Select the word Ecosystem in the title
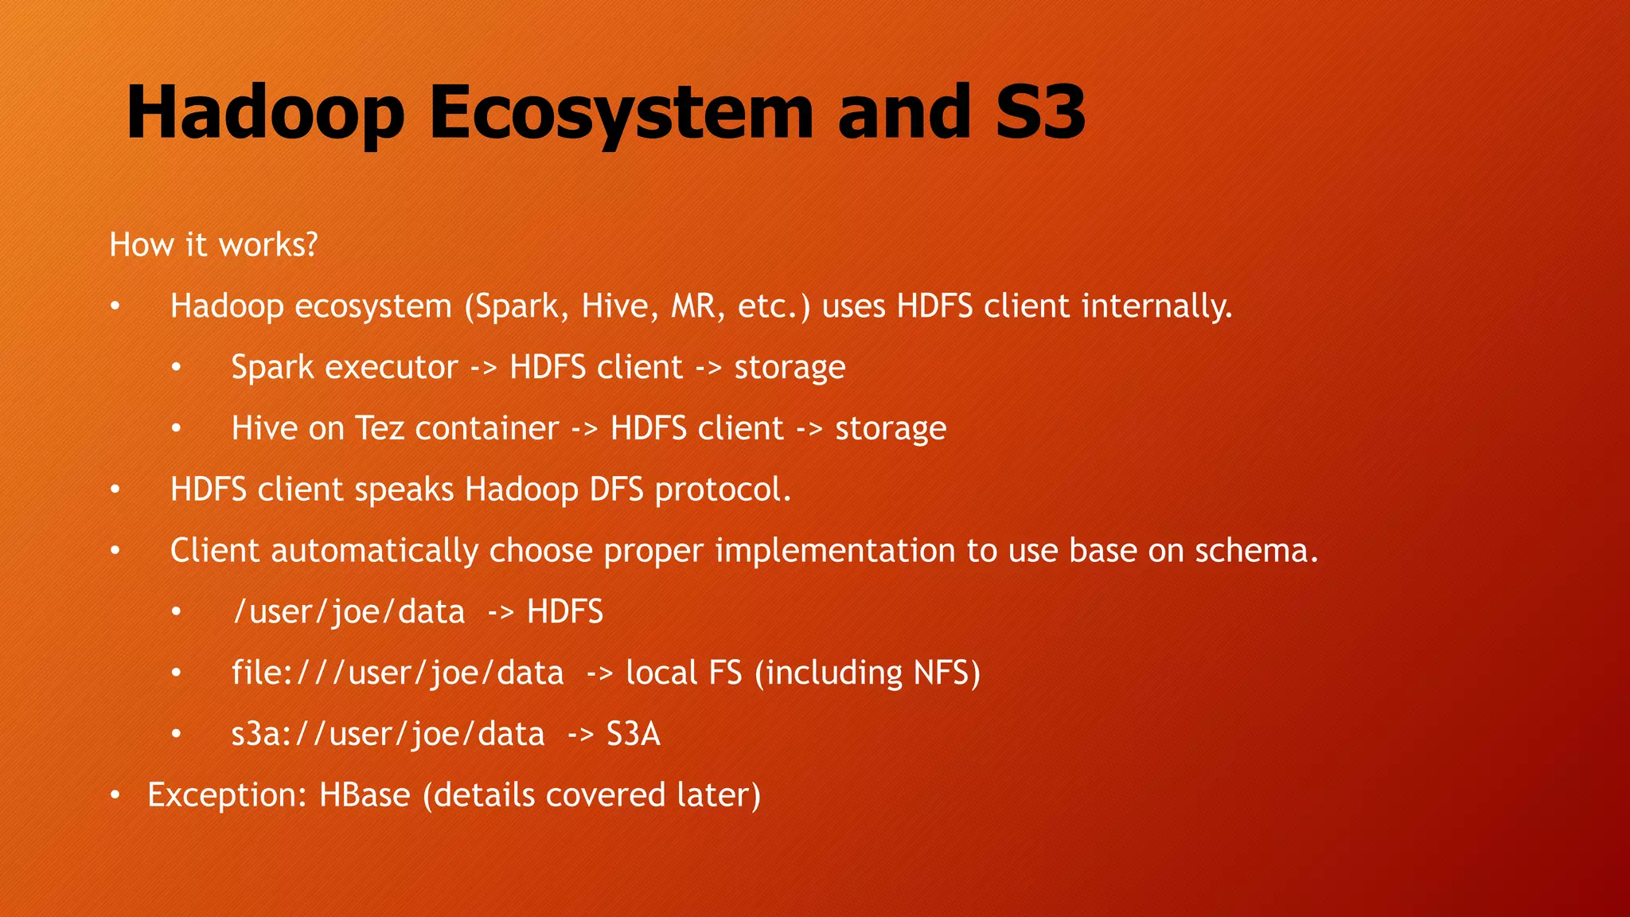coord(622,113)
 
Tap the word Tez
coord(379,428)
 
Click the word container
coord(486,428)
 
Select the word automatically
coord(374,551)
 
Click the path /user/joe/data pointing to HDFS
coord(349,612)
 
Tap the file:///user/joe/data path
coord(397,673)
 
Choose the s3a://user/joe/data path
coord(388,734)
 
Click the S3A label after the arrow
coord(633,734)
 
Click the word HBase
coord(365,795)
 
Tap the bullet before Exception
coord(115,795)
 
